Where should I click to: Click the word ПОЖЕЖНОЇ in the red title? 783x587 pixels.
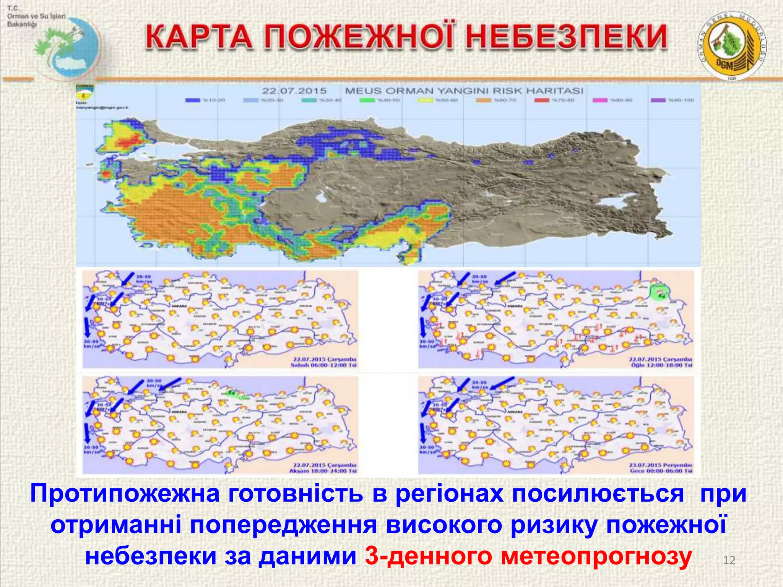pyautogui.click(x=361, y=37)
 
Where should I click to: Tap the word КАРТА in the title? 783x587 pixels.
pyautogui.click(x=199, y=37)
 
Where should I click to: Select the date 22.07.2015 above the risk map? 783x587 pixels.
pyautogui.click(x=294, y=91)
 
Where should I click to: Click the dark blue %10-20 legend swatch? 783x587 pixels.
pyautogui.click(x=193, y=100)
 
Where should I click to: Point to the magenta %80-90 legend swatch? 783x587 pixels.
pyautogui.click(x=600, y=100)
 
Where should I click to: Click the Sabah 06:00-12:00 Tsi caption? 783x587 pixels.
pyautogui.click(x=323, y=365)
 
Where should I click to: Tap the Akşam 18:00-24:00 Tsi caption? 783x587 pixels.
pyautogui.click(x=323, y=471)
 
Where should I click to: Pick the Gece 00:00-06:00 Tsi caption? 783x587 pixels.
pyautogui.click(x=661, y=471)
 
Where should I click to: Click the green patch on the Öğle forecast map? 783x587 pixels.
pyautogui.click(x=659, y=292)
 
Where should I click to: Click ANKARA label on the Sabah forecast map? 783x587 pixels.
pyautogui.click(x=180, y=306)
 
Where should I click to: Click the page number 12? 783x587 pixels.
pyautogui.click(x=729, y=560)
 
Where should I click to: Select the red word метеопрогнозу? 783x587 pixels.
pyautogui.click(x=596, y=556)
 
